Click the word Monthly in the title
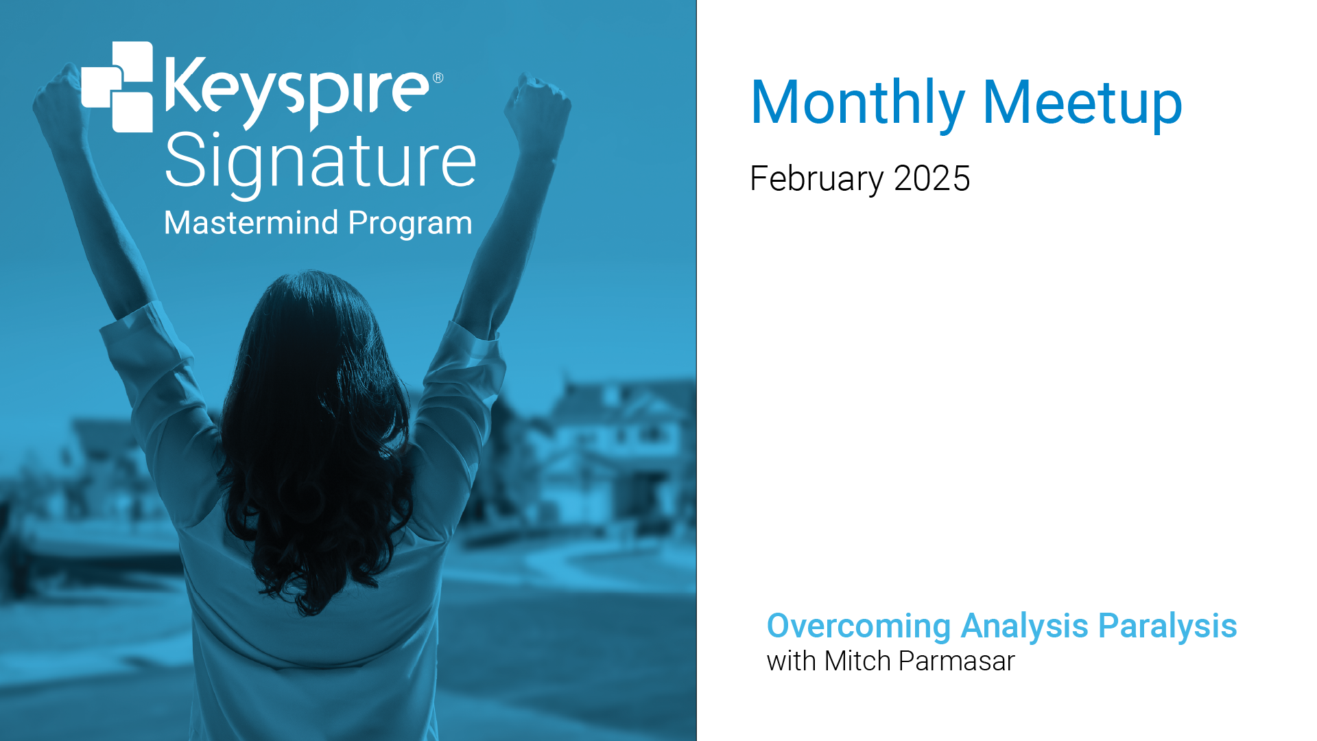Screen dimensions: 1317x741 click(857, 103)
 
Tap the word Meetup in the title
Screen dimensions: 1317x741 click(1082, 103)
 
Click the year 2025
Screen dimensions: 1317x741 click(932, 178)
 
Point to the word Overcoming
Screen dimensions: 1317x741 click(859, 626)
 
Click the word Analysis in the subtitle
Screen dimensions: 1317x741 click(1025, 626)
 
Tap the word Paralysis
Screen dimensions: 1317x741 click(1167, 626)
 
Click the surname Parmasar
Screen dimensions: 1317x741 click(957, 661)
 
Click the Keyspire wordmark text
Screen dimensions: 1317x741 click(296, 93)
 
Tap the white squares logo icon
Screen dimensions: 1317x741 click(117, 86)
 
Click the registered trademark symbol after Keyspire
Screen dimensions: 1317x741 click(438, 78)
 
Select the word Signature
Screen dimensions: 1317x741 click(320, 163)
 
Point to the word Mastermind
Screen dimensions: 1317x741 click(252, 223)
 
